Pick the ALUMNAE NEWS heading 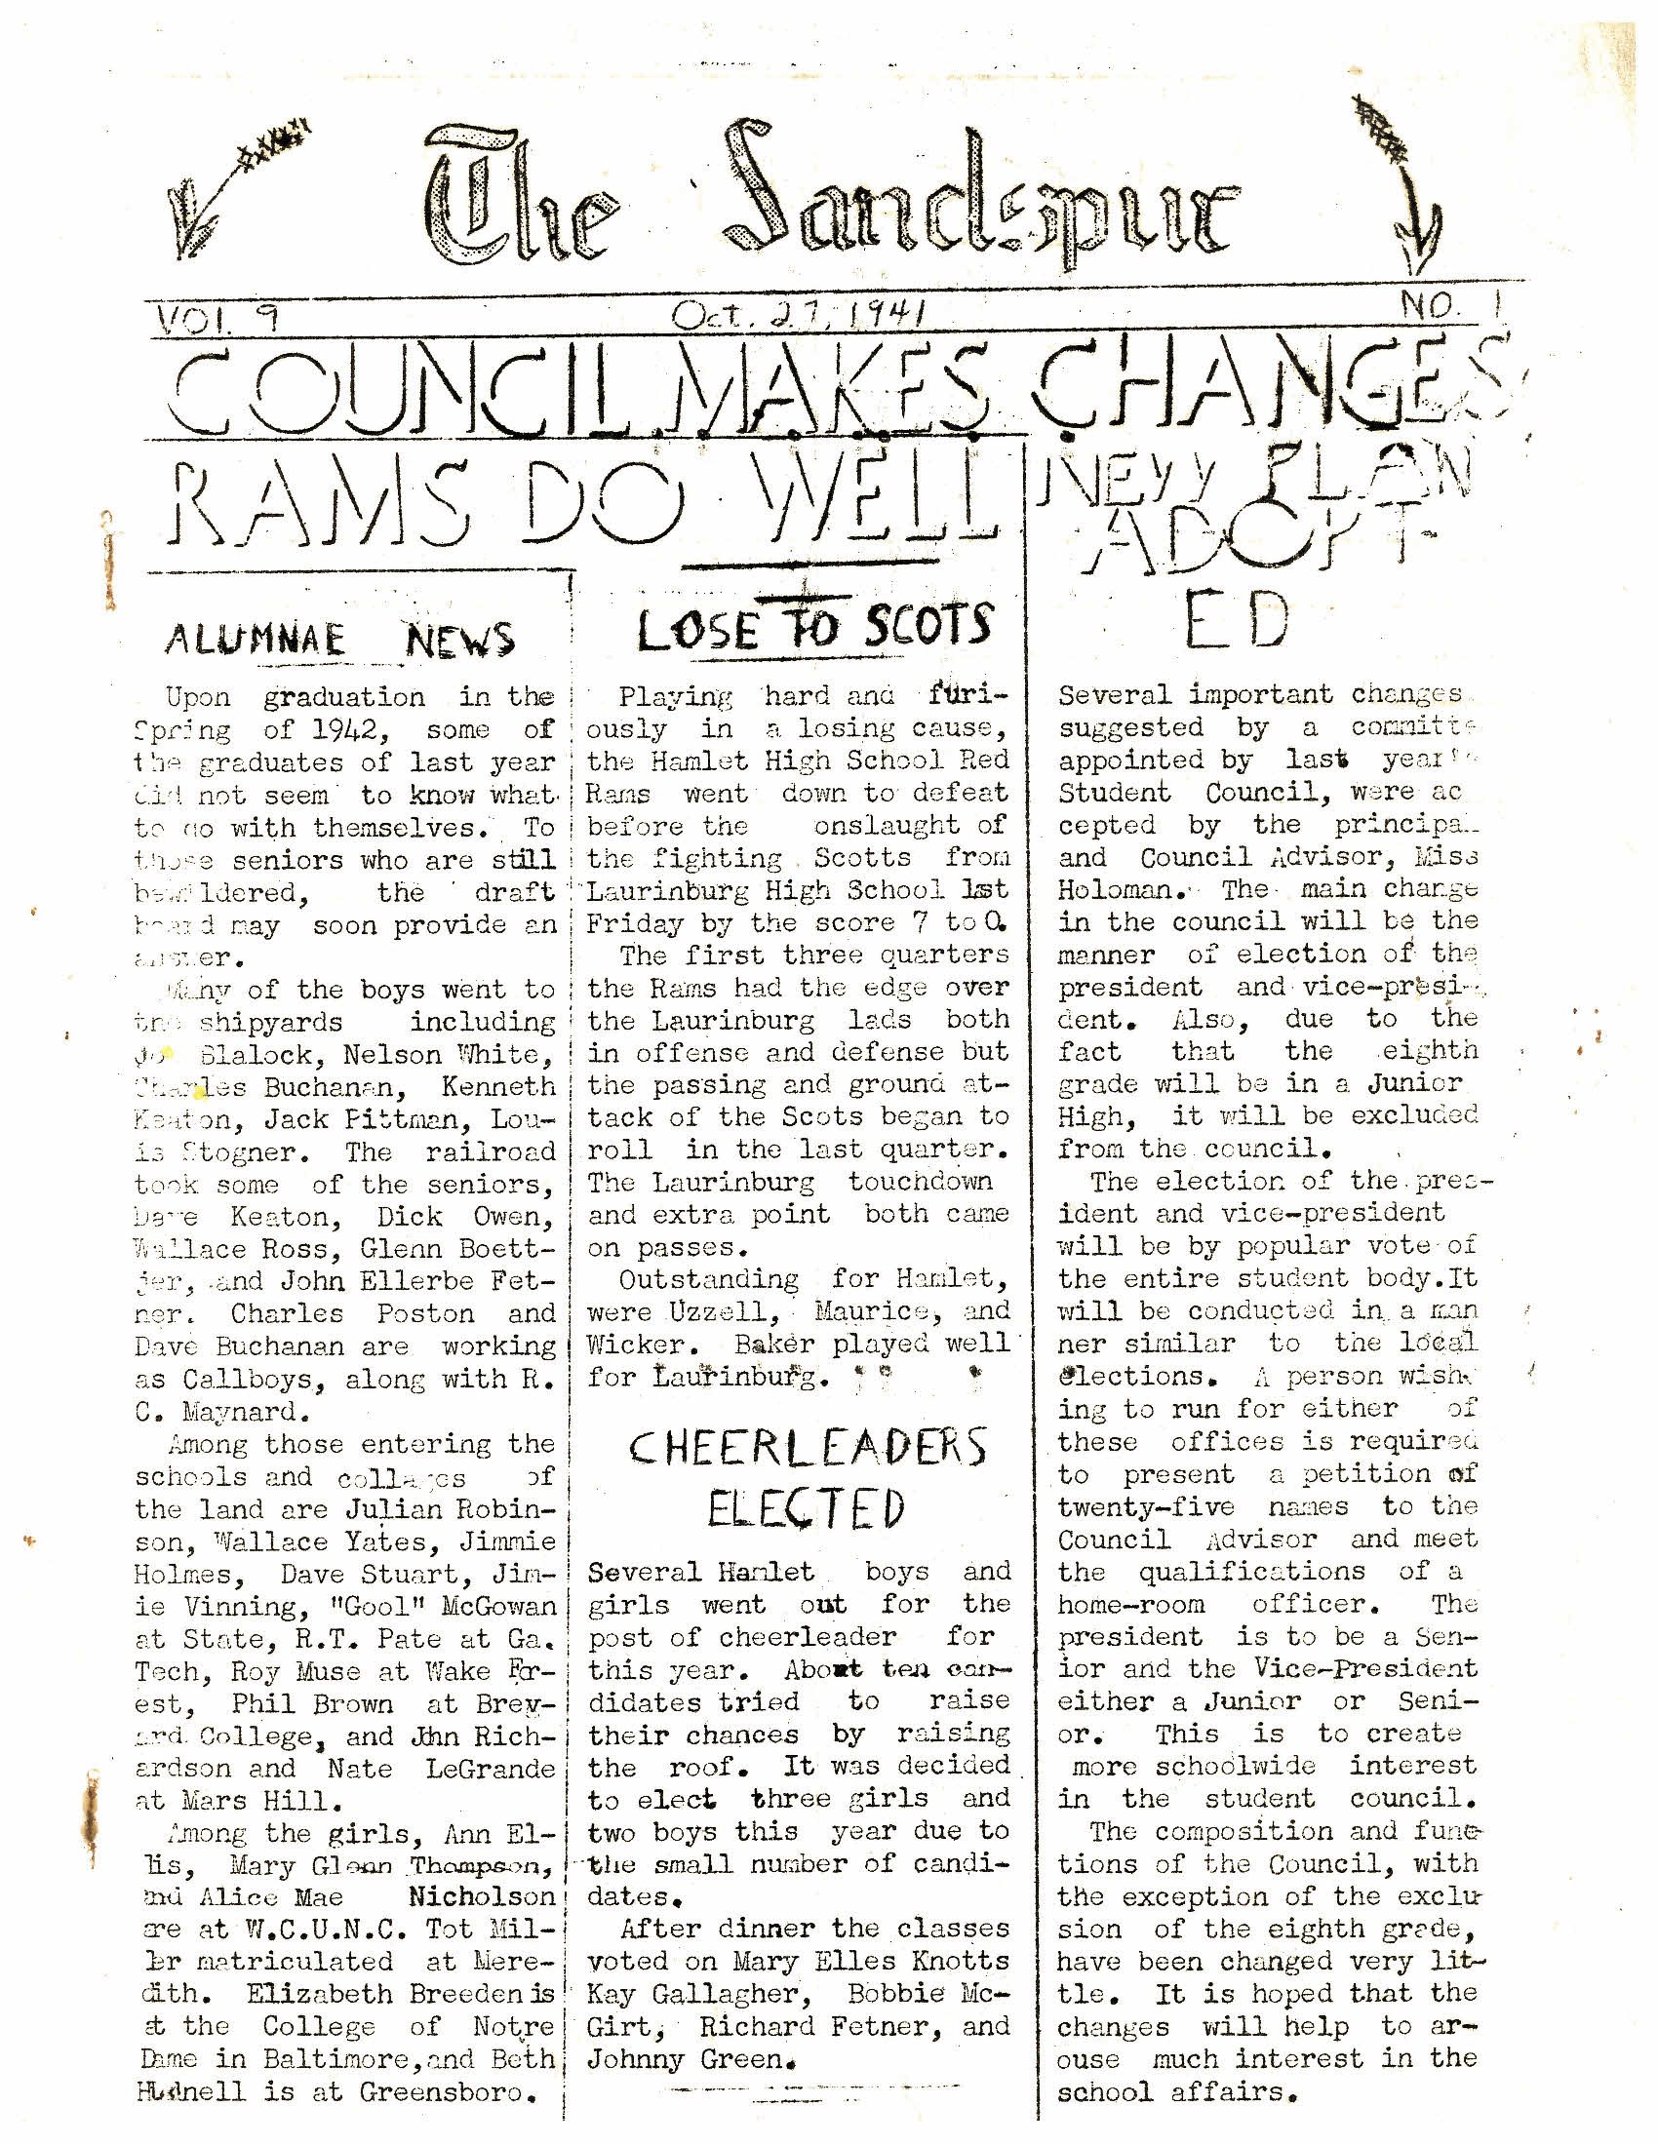[339, 640]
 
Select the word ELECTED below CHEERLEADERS [805, 1508]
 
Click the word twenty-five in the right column [1145, 1506]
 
